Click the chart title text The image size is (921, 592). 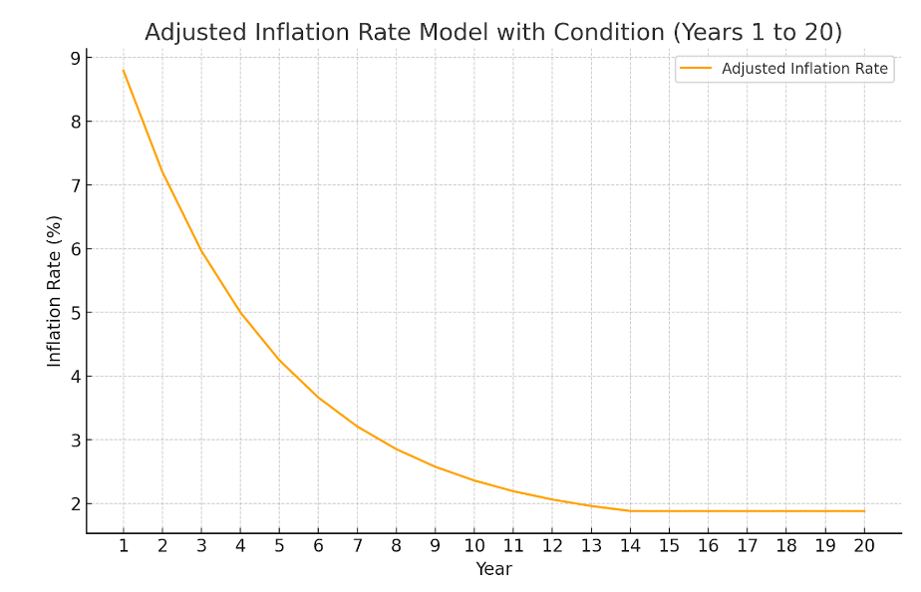492,33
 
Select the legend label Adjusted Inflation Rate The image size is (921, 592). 804,69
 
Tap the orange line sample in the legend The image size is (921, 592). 697,69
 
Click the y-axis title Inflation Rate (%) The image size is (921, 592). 55,290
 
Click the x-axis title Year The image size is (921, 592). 493,569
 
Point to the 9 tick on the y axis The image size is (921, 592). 74,58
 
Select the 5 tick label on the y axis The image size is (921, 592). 74,313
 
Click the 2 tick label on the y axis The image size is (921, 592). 74,504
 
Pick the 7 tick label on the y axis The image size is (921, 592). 74,185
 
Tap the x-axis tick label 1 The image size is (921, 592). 124,546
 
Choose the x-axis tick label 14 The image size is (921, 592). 630,546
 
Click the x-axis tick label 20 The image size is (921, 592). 864,546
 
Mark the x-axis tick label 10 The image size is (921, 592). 474,546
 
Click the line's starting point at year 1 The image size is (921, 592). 124,70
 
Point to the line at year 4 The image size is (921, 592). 240,313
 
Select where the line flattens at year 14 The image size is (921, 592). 630,511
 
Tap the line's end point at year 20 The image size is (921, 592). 864,511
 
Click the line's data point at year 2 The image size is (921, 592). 162,172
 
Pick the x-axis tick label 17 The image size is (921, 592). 748,546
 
